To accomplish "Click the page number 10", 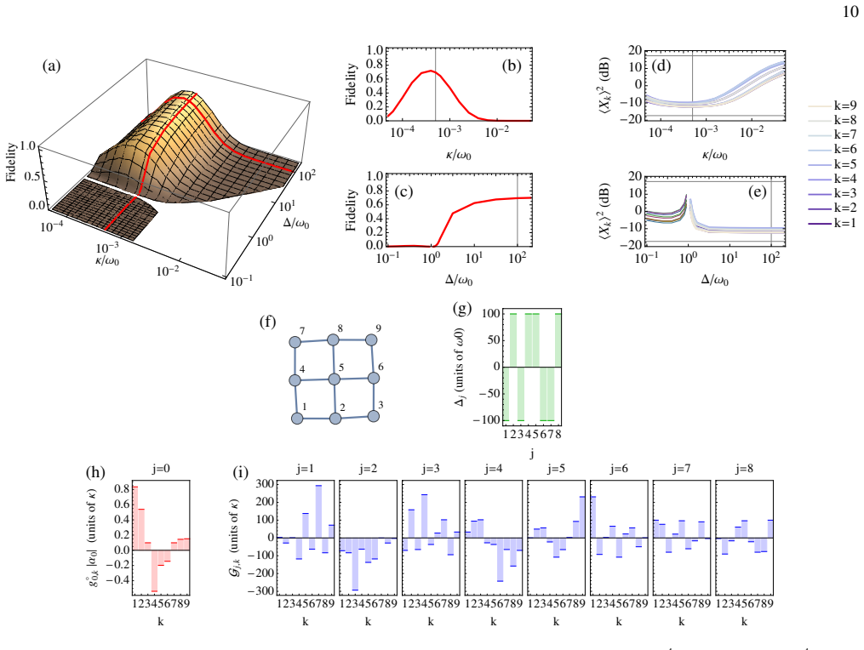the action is point(850,12).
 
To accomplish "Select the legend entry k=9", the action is point(832,105).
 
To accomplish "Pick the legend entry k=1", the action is point(832,223).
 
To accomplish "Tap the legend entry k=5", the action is point(832,164).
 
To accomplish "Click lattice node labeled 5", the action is point(334,379).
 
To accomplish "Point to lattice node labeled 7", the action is point(295,342).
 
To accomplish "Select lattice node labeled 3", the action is point(374,416).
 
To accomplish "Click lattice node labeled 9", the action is point(371,339).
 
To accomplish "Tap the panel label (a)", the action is point(52,66).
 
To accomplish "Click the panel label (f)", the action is point(268,321).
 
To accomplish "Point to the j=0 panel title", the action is point(161,469).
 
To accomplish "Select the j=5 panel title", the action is point(556,469).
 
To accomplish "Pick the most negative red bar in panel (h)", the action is point(155,570).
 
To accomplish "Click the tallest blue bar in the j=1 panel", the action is point(318,511).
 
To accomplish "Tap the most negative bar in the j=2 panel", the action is point(355,563).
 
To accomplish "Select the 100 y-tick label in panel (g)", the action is point(491,313).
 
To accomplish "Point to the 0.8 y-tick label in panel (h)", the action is point(123,488).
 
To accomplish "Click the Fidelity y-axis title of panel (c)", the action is point(351,210).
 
